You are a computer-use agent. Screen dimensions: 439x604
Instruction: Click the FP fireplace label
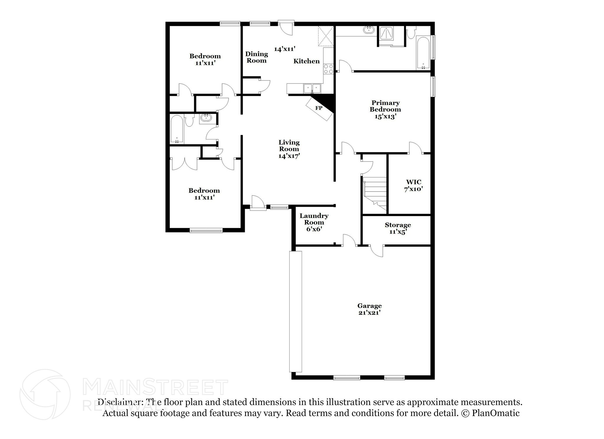(x=319, y=108)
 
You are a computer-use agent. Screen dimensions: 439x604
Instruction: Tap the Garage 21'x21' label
(x=370, y=309)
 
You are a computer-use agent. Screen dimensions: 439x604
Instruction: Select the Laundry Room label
(x=314, y=219)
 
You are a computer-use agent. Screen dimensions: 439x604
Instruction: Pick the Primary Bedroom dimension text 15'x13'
(x=385, y=116)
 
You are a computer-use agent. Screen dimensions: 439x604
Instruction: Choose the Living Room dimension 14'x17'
(x=289, y=156)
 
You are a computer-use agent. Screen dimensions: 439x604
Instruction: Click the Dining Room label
(x=257, y=57)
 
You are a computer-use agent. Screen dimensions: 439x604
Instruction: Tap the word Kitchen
(x=306, y=61)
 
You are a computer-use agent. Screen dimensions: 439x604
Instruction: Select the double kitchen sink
(x=312, y=88)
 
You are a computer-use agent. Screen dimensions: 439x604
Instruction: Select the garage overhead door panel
(x=296, y=311)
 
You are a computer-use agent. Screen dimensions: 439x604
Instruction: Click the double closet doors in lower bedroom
(x=185, y=164)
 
